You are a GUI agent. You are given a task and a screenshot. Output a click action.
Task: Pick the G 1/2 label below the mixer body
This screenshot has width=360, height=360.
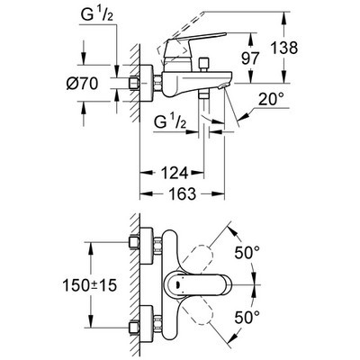(x=172, y=122)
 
